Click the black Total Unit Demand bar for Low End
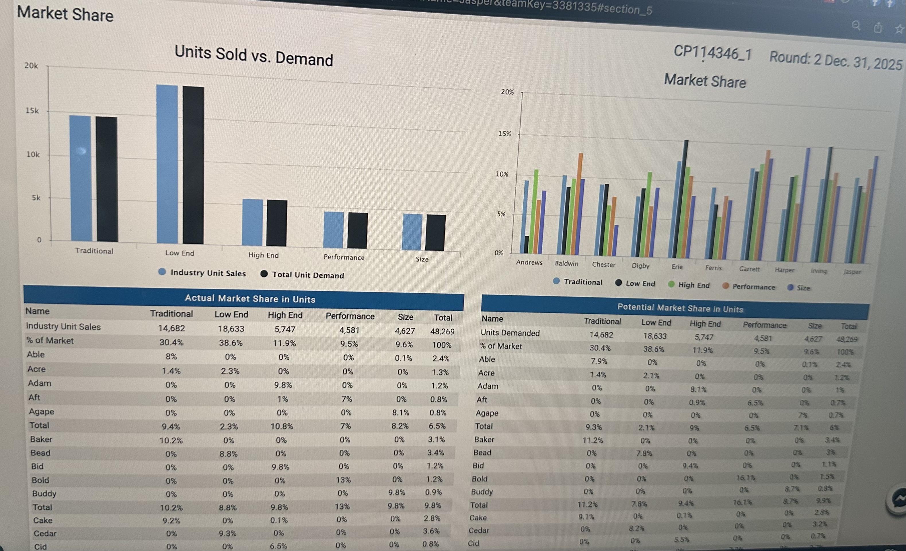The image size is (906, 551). (193, 165)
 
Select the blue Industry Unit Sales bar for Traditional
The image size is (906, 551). (80, 178)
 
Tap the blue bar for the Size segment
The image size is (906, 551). (412, 232)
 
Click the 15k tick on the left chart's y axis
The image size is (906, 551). (32, 111)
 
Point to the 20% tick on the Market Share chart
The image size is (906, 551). (507, 92)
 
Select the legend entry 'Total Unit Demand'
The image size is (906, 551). (308, 275)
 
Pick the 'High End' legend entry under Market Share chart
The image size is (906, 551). (693, 285)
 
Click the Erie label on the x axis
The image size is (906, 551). (677, 267)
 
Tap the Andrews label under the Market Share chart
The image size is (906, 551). (529, 262)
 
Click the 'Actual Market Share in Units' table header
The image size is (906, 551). (250, 298)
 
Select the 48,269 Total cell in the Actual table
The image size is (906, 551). (442, 331)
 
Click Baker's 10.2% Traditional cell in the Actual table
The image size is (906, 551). (171, 440)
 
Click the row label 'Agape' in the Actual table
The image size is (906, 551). (42, 411)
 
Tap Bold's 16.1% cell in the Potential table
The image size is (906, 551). (745, 478)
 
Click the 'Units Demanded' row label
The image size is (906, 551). (510, 333)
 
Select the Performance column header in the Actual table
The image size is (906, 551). (350, 316)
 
